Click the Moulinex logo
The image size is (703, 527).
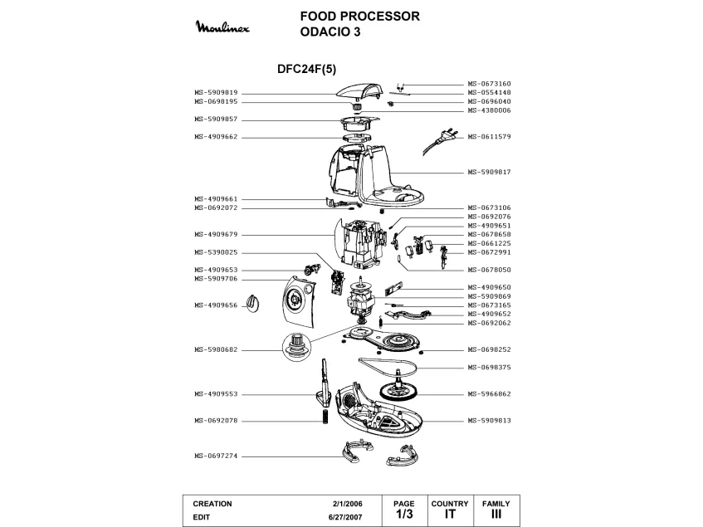(x=222, y=27)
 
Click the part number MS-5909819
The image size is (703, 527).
(x=216, y=93)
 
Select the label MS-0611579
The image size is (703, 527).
(x=489, y=137)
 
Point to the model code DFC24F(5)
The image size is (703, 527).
(x=306, y=69)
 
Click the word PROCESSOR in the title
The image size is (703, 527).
(x=380, y=16)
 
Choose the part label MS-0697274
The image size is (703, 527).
(x=216, y=456)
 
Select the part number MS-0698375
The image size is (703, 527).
(x=489, y=368)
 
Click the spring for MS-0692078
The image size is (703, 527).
(x=325, y=417)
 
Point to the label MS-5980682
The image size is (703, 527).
(x=216, y=350)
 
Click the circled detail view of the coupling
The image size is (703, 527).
(x=296, y=346)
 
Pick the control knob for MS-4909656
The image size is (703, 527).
(x=253, y=304)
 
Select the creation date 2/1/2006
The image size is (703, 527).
(x=348, y=504)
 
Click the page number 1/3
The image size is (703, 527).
(x=404, y=514)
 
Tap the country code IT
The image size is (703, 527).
(x=450, y=514)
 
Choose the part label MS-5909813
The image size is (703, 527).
(x=489, y=421)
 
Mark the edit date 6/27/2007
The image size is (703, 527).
(x=345, y=517)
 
